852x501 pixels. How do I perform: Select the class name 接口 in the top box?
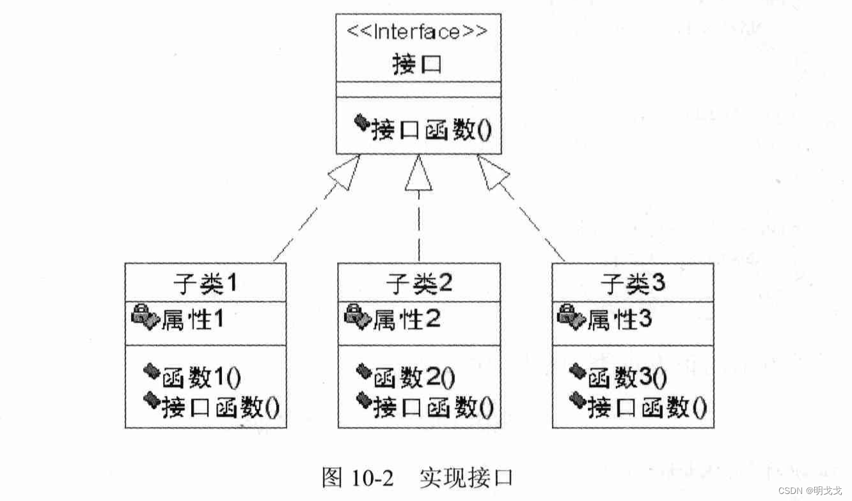click(x=417, y=65)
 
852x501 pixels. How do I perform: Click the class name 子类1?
click(x=205, y=283)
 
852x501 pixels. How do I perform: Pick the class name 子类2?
click(x=419, y=283)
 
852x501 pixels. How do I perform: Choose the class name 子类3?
click(x=633, y=283)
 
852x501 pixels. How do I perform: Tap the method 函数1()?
click(x=201, y=378)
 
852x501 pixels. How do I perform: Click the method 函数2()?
click(x=414, y=378)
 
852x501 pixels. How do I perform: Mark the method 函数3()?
click(x=627, y=378)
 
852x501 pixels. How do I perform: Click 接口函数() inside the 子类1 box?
click(x=220, y=407)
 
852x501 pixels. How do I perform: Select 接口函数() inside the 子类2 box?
click(x=434, y=407)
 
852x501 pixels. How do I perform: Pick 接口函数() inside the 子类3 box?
click(x=647, y=407)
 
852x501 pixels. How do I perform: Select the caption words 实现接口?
click(x=467, y=478)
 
